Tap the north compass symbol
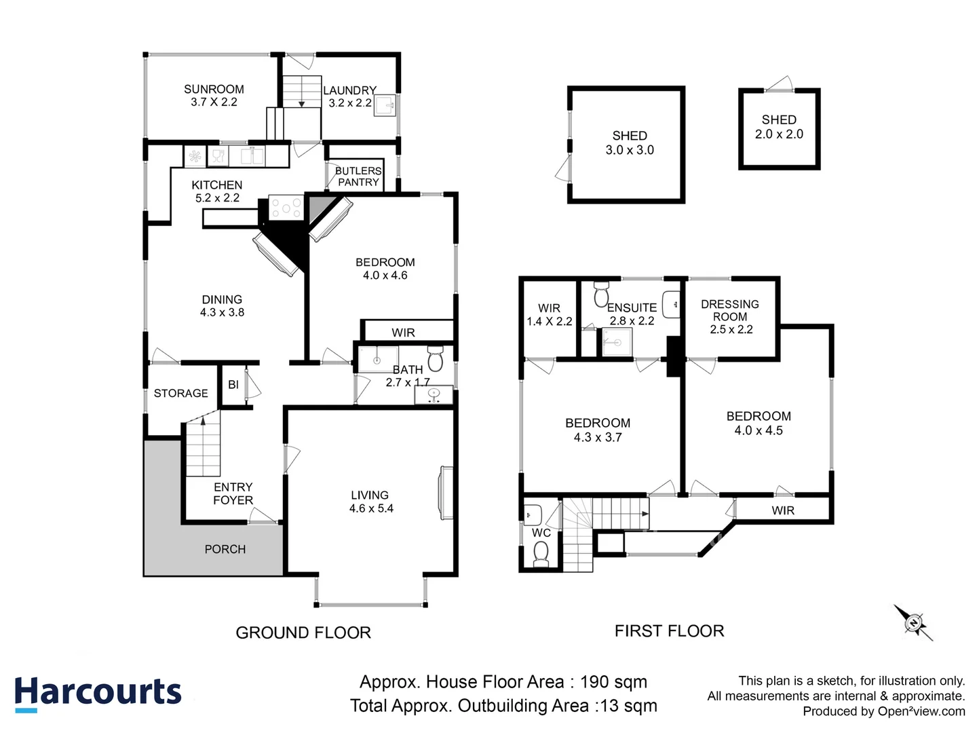(914, 622)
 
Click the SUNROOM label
(214, 89)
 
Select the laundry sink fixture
(384, 106)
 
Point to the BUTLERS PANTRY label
(358, 176)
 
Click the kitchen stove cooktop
(286, 207)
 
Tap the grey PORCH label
(225, 549)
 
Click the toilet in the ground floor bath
(435, 360)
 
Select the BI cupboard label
(233, 385)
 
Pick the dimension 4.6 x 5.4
(371, 508)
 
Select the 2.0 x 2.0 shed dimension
(779, 134)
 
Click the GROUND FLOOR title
(303, 633)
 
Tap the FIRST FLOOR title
(669, 631)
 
